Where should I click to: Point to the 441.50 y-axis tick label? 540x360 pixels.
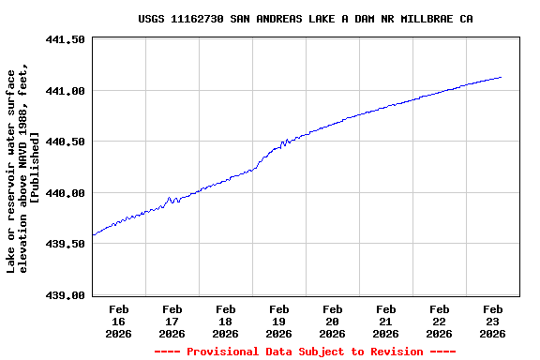pos(65,40)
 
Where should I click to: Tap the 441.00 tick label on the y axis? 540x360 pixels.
pos(65,91)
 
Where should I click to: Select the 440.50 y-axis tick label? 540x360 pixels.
pos(65,142)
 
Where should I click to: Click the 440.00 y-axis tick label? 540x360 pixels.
pos(65,193)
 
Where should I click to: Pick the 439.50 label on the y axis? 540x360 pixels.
pos(65,244)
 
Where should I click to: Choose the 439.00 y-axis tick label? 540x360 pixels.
pos(65,295)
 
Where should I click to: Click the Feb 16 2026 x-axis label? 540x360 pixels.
pos(119,321)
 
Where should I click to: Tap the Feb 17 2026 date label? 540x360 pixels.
pos(172,321)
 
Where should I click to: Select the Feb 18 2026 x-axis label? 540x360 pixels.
pos(226,321)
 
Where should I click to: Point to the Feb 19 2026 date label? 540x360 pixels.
pos(278,321)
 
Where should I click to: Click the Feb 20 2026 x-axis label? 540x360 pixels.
pos(332,321)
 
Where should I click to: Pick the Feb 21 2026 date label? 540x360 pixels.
pos(385,321)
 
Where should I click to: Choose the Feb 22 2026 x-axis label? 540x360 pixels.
pos(439,321)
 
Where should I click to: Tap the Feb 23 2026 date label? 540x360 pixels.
pos(492,321)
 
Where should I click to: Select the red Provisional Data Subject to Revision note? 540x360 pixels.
pos(305,352)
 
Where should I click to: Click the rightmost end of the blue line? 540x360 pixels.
pos(502,77)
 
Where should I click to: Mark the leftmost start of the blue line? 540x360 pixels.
pos(93,234)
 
